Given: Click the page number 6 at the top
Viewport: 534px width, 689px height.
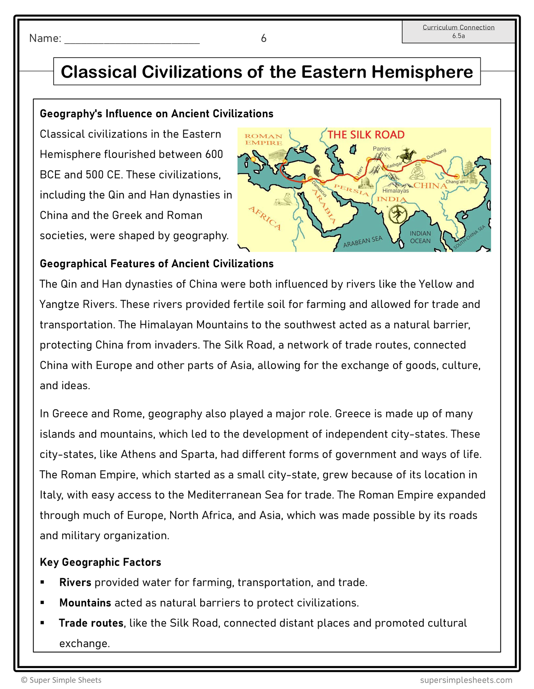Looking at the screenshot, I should tap(263, 38).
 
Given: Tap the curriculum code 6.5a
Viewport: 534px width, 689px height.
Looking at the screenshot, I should tap(458, 36).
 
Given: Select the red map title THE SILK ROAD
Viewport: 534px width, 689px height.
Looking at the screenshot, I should tap(366, 135).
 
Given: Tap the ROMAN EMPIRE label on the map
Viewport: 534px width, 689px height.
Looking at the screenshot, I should tap(263, 139).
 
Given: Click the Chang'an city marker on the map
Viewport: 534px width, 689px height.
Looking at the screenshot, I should tap(457, 176).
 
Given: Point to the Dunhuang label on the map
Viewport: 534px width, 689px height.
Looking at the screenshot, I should tap(436, 154).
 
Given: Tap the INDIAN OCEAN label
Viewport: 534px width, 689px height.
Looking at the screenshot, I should tap(420, 237).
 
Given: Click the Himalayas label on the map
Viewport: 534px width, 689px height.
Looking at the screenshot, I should tap(395, 191).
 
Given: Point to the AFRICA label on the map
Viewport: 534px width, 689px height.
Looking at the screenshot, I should tap(265, 218).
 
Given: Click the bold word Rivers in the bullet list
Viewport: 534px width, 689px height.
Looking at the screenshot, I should tap(75, 583).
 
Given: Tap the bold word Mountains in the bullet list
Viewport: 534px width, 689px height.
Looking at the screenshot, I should tap(85, 603).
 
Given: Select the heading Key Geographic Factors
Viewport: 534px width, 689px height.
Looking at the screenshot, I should tap(100, 562).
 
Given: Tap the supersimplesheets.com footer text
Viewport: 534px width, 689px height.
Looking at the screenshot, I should tap(466, 680).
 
